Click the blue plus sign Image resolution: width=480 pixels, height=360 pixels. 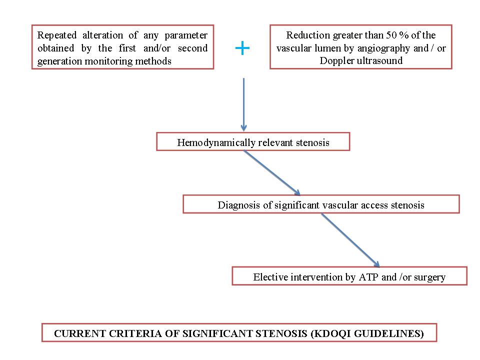click(242, 48)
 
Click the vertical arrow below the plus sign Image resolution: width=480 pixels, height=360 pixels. click(243, 104)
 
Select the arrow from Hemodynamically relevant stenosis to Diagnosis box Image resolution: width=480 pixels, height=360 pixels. click(272, 172)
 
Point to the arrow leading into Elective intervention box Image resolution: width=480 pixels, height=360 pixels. click(350, 240)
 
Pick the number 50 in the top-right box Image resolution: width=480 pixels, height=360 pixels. click(391, 35)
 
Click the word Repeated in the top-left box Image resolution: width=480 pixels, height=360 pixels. click(57, 35)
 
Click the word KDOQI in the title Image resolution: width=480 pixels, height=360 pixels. click(331, 333)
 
